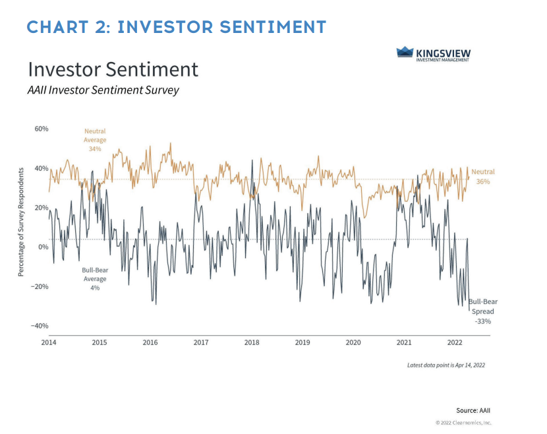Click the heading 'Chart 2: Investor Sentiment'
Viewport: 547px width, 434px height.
pos(177,27)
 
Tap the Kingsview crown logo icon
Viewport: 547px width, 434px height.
pos(404,52)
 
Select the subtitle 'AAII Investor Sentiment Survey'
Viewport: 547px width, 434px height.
pos(103,90)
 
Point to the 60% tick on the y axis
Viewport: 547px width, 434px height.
pos(41,129)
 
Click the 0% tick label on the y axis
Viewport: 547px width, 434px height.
pos(43,247)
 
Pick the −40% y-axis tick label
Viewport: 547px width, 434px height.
pos(40,326)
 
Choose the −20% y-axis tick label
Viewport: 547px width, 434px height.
pos(40,286)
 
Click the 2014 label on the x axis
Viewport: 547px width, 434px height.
pos(48,343)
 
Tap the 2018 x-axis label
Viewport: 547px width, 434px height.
pos(252,343)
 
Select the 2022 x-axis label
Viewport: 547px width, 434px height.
pos(455,343)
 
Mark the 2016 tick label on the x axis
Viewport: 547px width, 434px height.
pos(150,343)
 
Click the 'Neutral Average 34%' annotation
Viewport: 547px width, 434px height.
pos(95,140)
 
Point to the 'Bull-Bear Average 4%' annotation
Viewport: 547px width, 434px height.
pos(95,279)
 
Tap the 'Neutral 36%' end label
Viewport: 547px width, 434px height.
pos(484,176)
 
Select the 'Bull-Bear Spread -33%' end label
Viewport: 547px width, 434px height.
pos(482,311)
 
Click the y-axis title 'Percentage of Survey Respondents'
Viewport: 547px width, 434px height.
pos(21,221)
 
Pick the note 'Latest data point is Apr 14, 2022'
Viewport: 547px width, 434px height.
pos(446,365)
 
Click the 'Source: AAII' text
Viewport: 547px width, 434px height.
pos(473,410)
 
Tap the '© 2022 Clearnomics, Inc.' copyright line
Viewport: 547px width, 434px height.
pos(463,423)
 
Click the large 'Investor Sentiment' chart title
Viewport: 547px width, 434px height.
pos(113,69)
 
